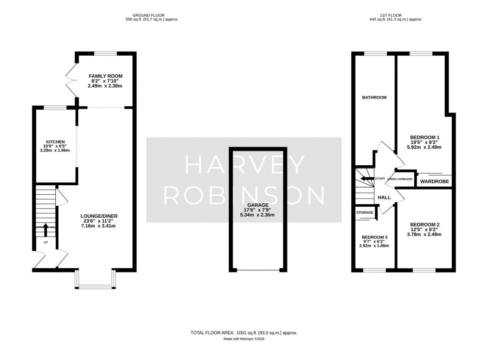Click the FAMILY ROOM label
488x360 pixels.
pos(105,76)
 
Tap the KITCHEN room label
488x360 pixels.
pos(55,142)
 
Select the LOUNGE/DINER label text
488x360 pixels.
pos(99,216)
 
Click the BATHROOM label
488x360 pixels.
pos(374,97)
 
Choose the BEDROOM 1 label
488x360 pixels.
pos(425,138)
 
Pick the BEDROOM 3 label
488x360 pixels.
pos(374,237)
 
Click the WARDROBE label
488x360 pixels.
pos(434,181)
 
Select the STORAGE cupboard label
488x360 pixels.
pos(365,212)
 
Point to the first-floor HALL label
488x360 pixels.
pos(384,197)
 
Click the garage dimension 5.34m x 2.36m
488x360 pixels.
pos(258,215)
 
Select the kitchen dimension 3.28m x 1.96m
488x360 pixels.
pos(55,150)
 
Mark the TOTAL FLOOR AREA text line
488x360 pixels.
pos(244,333)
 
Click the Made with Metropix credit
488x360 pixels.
pos(244,339)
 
